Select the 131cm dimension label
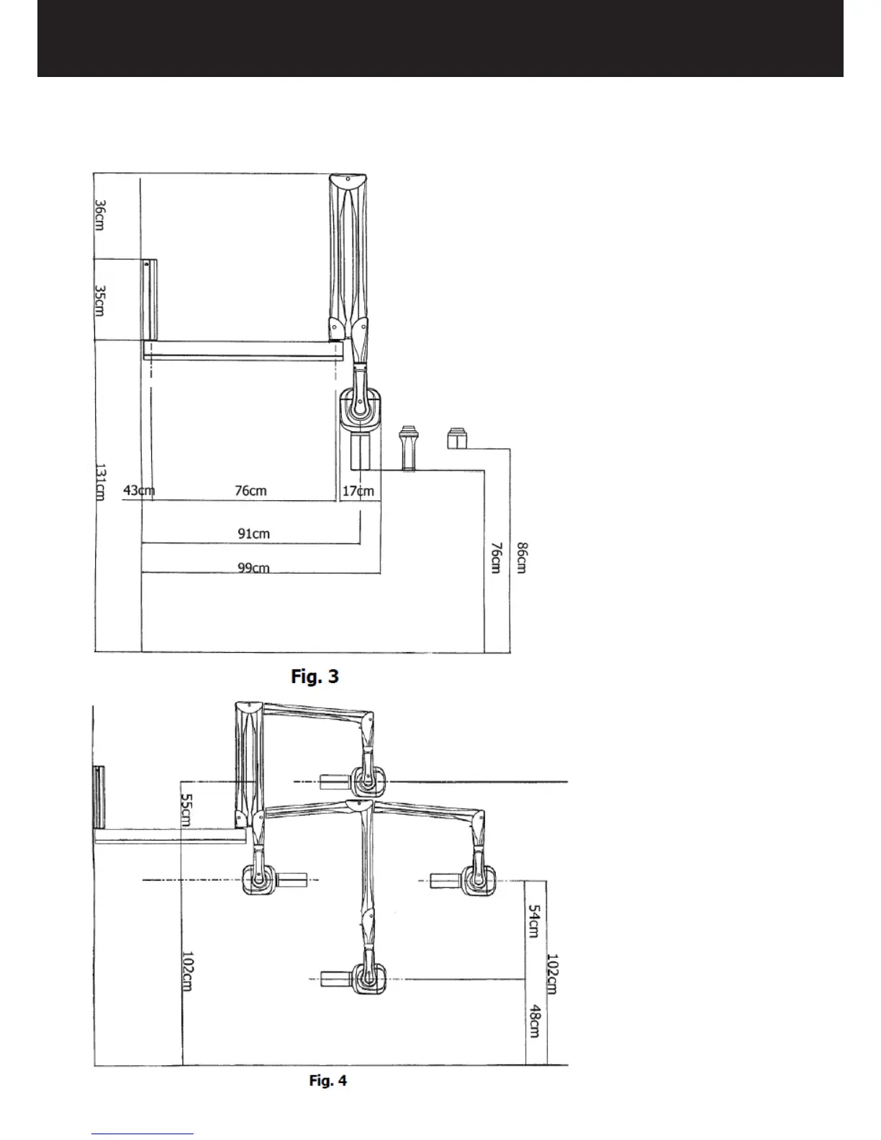(101, 482)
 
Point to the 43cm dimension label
(139, 491)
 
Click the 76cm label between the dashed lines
(250, 491)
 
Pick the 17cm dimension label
(358, 491)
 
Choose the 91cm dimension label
(253, 533)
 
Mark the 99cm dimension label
(253, 568)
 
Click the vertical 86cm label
(522, 558)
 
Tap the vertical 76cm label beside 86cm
(496, 558)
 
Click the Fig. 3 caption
(315, 677)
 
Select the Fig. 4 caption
(327, 1080)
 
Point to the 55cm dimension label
(186, 810)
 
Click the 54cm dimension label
(534, 921)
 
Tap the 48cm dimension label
(534, 1021)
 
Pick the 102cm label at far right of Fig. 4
(553, 973)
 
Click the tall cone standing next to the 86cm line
(410, 448)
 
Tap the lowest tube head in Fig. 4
(368, 979)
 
